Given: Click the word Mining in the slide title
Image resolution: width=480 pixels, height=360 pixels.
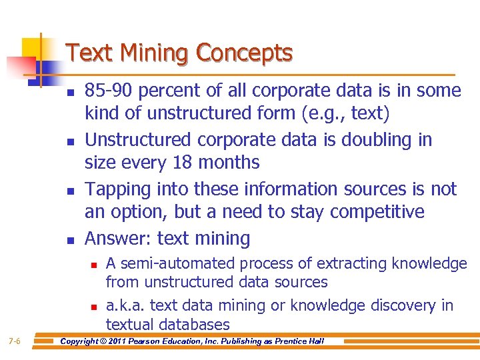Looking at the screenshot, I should tap(149, 53).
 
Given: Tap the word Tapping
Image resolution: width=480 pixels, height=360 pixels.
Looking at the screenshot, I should tap(119, 189).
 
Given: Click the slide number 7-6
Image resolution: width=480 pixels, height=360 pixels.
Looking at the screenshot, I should tap(15, 342).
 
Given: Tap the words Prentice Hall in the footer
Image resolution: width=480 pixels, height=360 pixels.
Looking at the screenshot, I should tap(299, 342).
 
